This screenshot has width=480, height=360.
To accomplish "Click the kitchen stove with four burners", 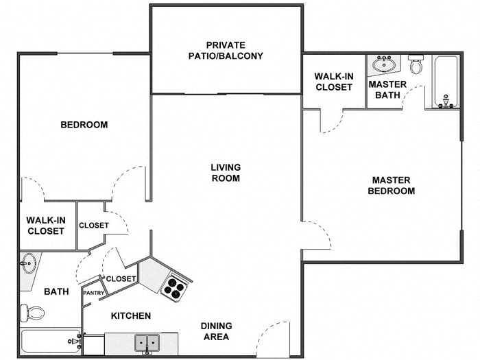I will (175, 286).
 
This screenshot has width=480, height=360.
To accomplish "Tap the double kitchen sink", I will (148, 342).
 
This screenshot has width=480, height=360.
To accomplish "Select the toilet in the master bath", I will (416, 64).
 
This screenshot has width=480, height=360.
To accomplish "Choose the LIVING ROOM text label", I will (226, 173).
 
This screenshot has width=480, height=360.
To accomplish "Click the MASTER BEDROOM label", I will (391, 186).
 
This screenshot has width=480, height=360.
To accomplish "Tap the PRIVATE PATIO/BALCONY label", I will (226, 51).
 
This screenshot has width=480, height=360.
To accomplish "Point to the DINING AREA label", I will (216, 331).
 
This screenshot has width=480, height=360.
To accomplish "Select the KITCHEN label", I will (131, 316).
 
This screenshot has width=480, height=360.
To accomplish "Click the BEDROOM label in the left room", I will (84, 125).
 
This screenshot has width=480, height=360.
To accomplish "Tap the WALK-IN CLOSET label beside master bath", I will (333, 82).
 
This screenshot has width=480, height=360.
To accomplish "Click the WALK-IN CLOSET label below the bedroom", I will (46, 226).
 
